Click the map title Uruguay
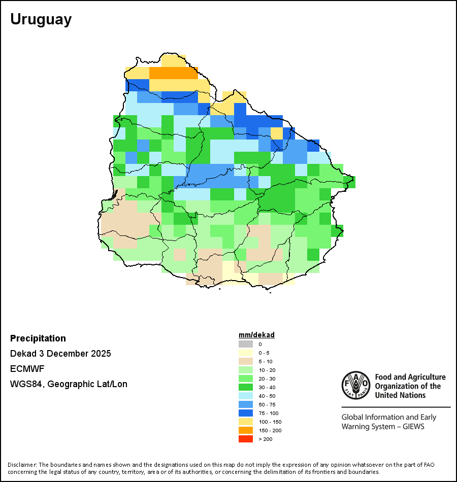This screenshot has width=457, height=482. click(41, 19)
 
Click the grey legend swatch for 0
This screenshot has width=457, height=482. click(245, 344)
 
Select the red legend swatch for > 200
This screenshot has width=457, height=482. click(245, 439)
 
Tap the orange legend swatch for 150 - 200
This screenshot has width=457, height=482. click(245, 430)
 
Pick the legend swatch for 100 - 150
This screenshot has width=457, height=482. click(245, 422)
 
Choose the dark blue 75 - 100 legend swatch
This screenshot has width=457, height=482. click(245, 413)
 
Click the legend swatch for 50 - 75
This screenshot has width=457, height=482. click(245, 404)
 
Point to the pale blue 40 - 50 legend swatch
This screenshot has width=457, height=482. click(245, 396)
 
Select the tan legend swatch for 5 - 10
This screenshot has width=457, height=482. click(245, 361)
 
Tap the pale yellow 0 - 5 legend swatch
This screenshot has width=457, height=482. click(245, 353)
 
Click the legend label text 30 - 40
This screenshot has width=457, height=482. click(267, 387)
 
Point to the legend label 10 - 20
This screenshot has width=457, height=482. click(267, 370)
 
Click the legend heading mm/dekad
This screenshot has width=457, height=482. click(256, 335)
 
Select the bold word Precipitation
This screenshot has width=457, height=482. click(38, 338)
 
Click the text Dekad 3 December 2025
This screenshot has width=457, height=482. click(60, 354)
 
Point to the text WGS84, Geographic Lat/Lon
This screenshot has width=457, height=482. click(69, 384)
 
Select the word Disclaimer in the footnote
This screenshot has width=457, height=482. click(22, 465)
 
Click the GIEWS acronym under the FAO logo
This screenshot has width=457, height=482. click(413, 426)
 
